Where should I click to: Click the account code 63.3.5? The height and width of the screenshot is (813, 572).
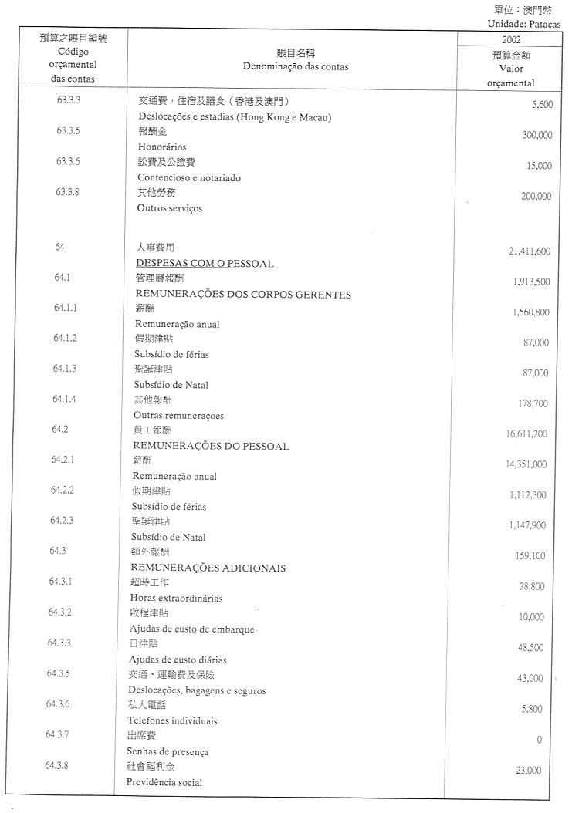pos(69,130)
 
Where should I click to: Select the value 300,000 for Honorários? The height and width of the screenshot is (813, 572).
pos(536,135)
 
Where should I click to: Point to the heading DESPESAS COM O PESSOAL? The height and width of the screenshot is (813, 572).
pos(205,263)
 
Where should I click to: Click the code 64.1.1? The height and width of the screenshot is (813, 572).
pos(66,308)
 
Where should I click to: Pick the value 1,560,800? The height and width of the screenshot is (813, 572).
pos(530,312)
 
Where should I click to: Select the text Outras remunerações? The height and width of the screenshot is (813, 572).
pos(178,416)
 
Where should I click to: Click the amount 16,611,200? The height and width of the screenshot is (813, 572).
pos(526,434)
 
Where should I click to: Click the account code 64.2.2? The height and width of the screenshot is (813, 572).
pos(63,490)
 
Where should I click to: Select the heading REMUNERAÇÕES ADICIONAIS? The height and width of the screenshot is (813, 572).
pos(209,568)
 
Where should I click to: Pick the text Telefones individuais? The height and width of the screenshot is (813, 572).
pos(172,721)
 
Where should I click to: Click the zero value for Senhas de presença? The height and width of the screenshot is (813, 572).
pos(539,740)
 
